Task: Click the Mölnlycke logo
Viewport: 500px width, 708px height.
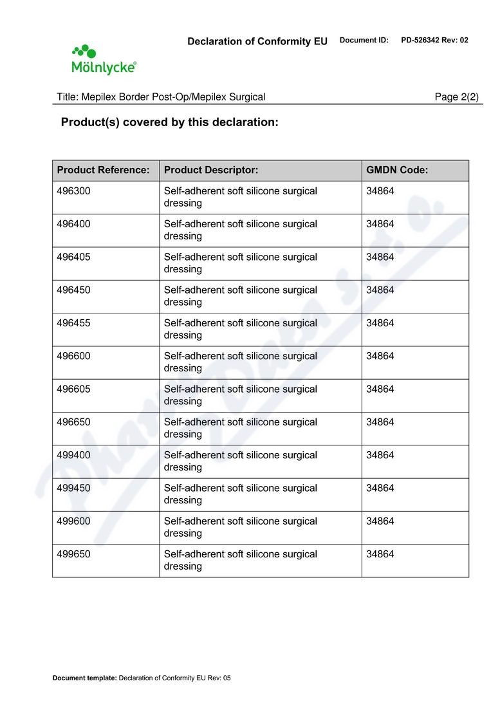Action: click(x=103, y=60)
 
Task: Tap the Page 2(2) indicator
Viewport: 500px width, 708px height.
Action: click(x=456, y=97)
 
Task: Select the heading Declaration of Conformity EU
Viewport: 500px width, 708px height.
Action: click(x=257, y=41)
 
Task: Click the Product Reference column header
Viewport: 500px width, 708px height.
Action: click(x=103, y=171)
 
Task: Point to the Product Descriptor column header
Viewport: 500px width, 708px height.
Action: click(x=211, y=171)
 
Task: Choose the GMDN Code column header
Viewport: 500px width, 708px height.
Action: click(x=397, y=171)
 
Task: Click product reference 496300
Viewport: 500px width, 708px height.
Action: click(x=73, y=191)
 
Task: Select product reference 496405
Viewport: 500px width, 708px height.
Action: click(x=73, y=257)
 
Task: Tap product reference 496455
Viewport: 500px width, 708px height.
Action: click(x=73, y=323)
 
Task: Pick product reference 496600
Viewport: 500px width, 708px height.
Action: click(x=73, y=356)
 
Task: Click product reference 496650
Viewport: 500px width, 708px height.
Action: click(x=73, y=422)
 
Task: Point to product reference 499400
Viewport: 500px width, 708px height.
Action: click(x=73, y=455)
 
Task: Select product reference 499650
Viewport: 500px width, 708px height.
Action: click(x=73, y=554)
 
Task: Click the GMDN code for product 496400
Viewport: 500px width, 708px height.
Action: click(x=380, y=224)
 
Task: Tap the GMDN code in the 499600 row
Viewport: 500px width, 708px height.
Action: click(x=380, y=521)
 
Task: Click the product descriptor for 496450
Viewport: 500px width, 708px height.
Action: click(x=240, y=296)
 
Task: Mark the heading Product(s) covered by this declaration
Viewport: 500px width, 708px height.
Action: click(x=169, y=122)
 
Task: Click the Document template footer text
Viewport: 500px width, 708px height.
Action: click(x=141, y=678)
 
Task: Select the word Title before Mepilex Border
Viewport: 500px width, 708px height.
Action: click(x=66, y=97)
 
